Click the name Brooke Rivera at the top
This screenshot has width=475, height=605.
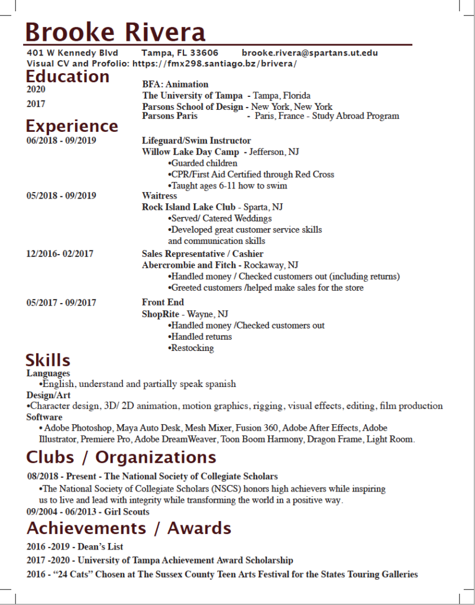[x=115, y=32]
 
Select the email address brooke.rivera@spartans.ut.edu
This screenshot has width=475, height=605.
[x=309, y=53]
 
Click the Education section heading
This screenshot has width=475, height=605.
[x=67, y=76]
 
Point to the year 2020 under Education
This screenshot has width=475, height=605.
[x=35, y=90]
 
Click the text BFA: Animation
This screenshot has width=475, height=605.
[x=175, y=84]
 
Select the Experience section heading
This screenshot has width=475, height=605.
[x=72, y=126]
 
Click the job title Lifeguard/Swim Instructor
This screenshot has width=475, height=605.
[x=196, y=141]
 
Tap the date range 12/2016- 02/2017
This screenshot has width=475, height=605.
[x=60, y=254]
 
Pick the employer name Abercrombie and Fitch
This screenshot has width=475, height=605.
[x=189, y=265]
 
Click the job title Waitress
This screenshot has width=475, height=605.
[x=159, y=196]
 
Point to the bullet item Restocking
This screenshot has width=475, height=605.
[x=192, y=348]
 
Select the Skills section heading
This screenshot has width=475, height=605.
[x=48, y=360]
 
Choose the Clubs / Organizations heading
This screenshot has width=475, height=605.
[x=121, y=457]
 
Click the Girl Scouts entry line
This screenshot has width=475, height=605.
[x=88, y=512]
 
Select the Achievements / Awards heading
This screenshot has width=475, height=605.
[x=128, y=528]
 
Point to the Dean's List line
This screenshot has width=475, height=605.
[x=75, y=547]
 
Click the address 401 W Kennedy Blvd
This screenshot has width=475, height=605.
[x=72, y=53]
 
